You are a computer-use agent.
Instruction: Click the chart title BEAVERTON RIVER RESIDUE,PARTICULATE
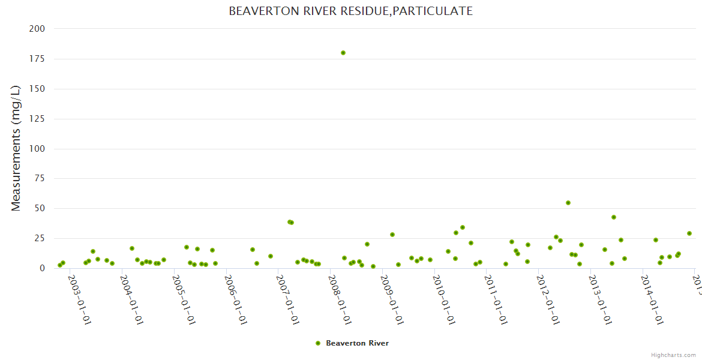350,11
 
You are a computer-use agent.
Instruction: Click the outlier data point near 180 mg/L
343,53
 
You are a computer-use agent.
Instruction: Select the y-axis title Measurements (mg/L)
16,148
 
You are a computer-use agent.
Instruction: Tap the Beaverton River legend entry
357,343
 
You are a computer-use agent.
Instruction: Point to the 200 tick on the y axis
37,29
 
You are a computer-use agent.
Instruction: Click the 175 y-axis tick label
37,59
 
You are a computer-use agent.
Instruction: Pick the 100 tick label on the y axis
37,149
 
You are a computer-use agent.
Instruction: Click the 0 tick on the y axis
42,269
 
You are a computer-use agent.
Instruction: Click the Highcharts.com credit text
674,355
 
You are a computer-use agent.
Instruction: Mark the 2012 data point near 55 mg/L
568,203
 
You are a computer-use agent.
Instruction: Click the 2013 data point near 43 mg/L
614,217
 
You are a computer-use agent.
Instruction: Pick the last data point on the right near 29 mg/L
689,233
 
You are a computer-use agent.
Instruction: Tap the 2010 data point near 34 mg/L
463,227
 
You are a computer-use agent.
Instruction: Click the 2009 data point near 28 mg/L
392,235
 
